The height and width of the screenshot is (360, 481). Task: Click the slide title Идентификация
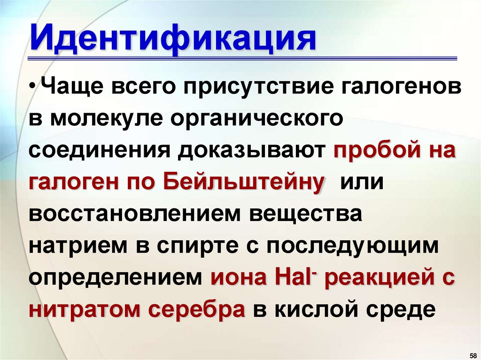(x=173, y=39)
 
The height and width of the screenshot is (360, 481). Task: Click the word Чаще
(x=69, y=89)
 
